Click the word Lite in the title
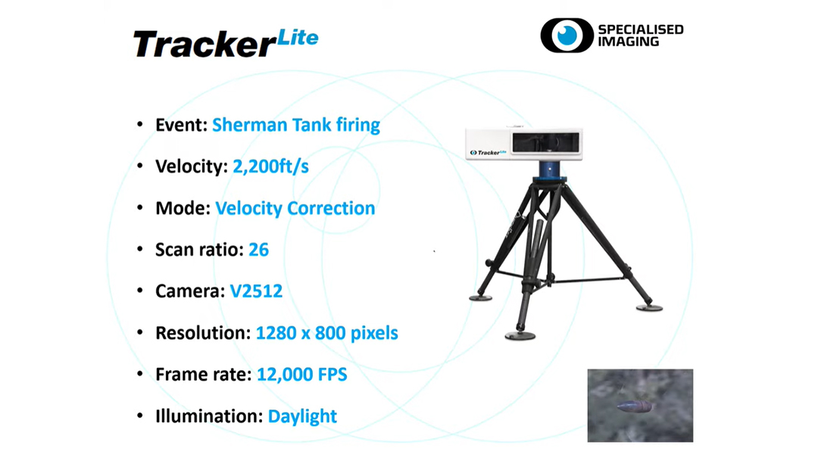(298, 38)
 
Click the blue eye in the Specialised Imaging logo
(567, 36)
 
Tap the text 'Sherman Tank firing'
(296, 125)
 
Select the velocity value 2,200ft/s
(270, 166)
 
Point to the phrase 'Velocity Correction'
(295, 208)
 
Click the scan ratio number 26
(259, 250)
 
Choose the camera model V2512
(256, 291)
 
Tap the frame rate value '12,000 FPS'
(302, 375)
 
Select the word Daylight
(302, 416)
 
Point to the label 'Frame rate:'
(204, 375)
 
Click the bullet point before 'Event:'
(140, 125)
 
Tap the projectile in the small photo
(634, 406)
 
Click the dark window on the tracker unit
(545, 142)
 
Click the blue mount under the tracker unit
(550, 171)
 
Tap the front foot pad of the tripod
(520, 336)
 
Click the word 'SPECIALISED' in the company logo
(641, 30)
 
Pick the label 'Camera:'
(190, 291)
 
